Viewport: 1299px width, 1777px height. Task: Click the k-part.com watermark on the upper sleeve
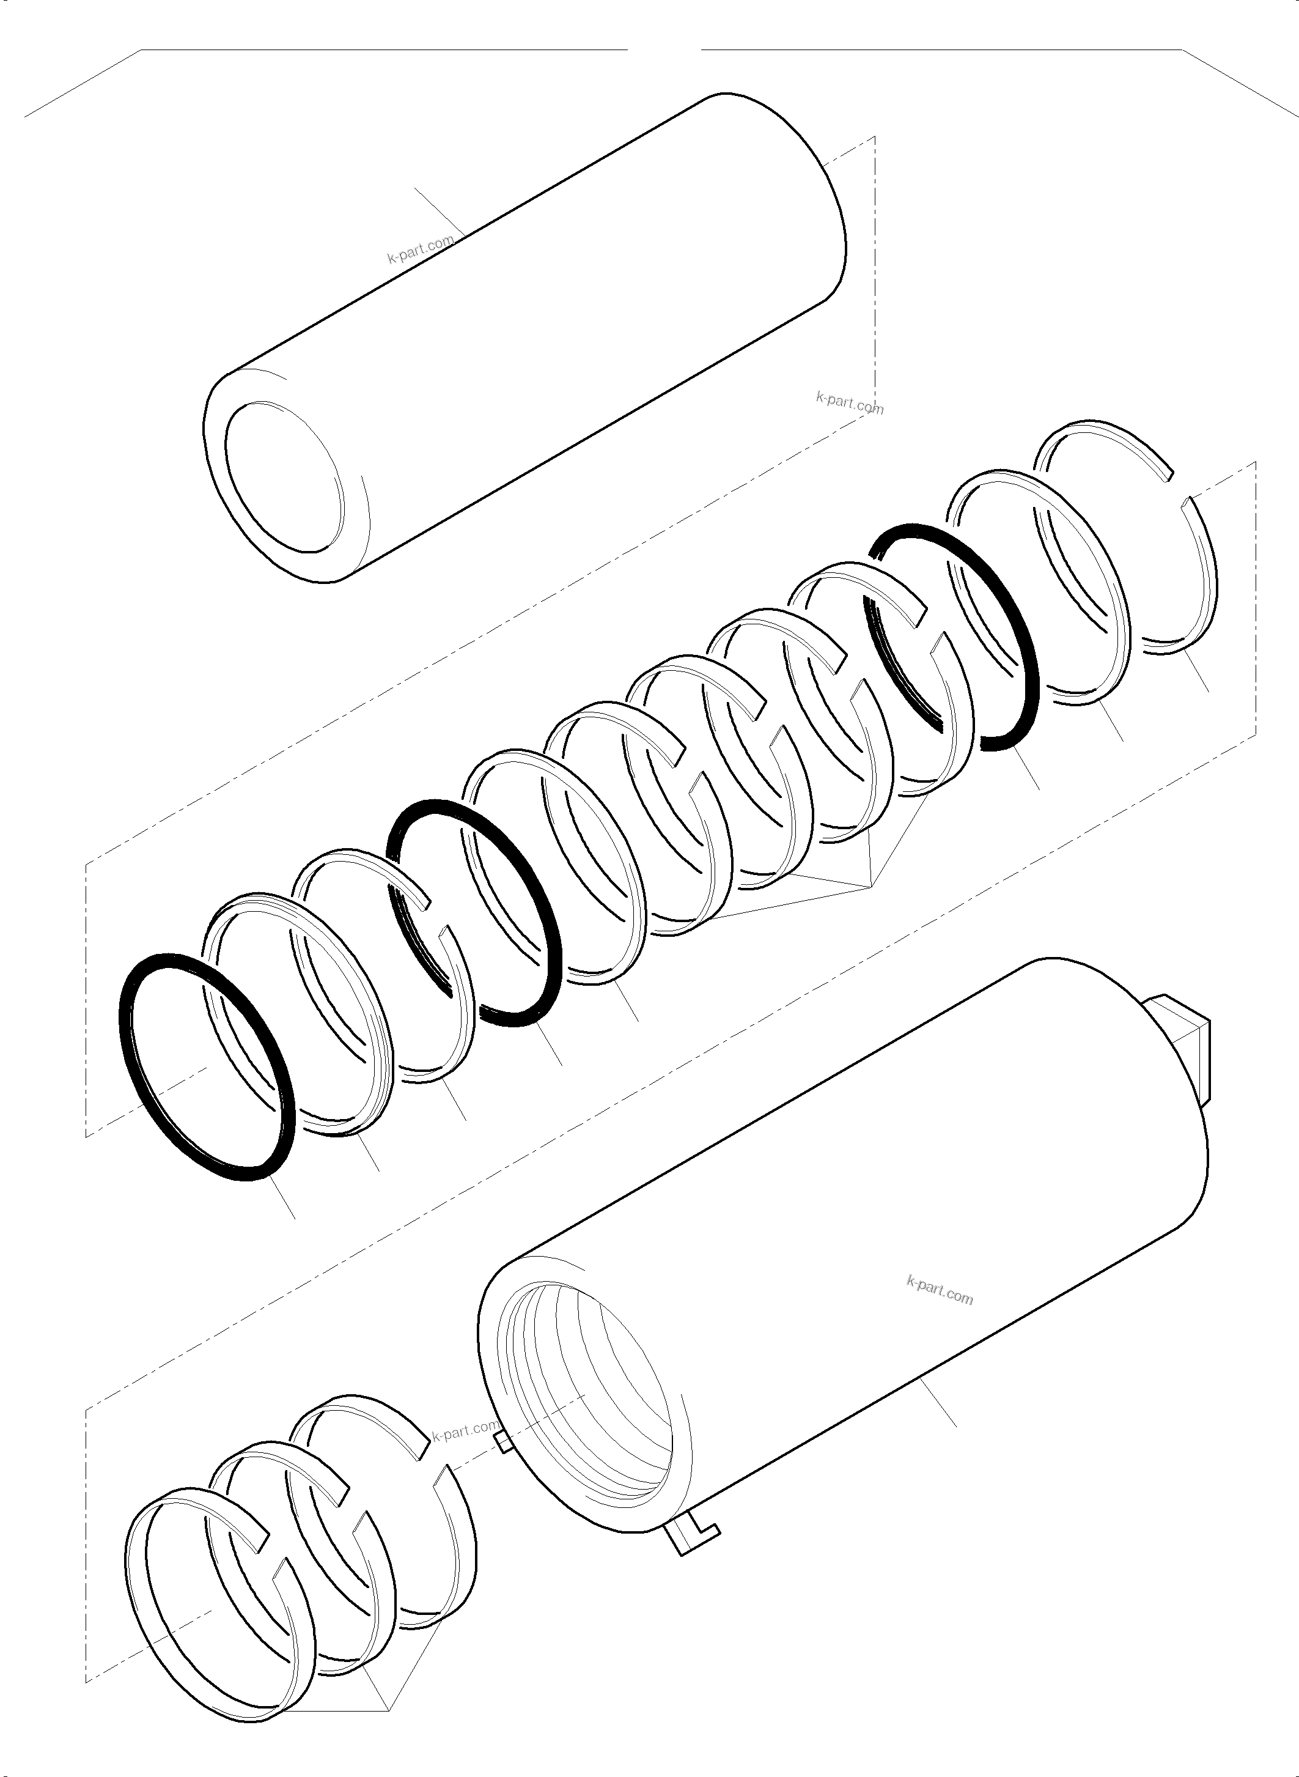click(421, 251)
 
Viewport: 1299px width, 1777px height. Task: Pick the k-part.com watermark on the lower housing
click(940, 1291)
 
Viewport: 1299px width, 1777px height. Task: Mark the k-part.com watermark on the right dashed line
click(849, 404)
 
